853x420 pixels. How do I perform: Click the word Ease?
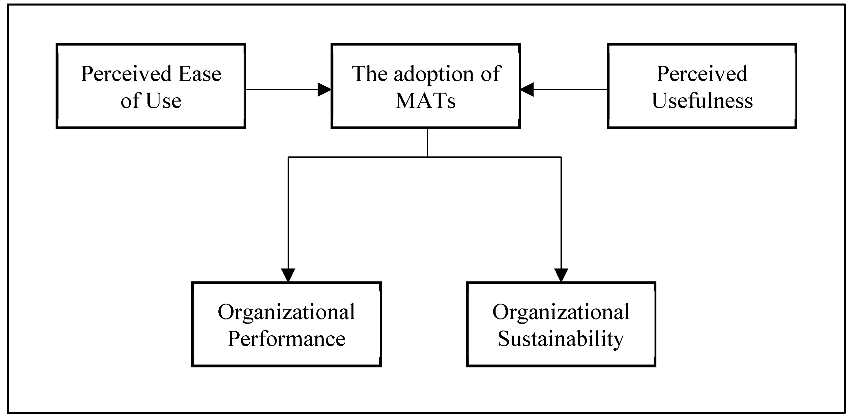tap(200, 74)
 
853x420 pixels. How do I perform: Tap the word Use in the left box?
tap(164, 101)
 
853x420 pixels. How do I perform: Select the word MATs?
tap(426, 101)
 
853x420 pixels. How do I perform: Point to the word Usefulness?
tap(702, 101)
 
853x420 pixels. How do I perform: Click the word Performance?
tap(286, 339)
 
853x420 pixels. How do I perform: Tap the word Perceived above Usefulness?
tap(702, 74)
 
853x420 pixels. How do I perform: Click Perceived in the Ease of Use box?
tap(126, 74)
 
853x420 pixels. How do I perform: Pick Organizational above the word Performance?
tap(286, 312)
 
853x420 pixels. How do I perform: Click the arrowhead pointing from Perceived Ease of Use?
tap(324, 89)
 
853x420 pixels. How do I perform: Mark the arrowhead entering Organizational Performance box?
tap(288, 274)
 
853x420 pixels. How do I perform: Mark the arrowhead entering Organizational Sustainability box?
tap(561, 274)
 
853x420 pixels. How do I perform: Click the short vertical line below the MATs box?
tap(427, 143)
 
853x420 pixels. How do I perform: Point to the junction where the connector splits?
tap(427, 157)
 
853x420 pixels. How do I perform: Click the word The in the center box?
tap(369, 74)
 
